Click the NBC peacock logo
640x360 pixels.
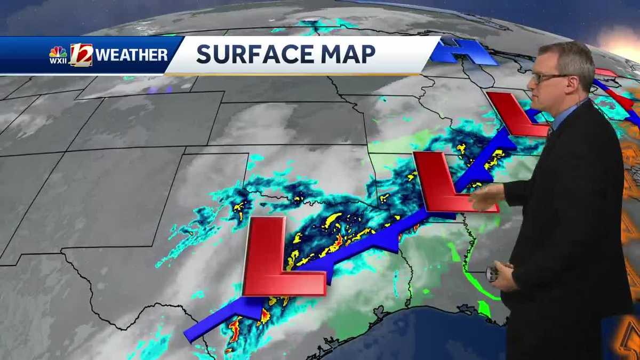(58, 52)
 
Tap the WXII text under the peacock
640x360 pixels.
(58, 60)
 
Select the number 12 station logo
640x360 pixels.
(81, 54)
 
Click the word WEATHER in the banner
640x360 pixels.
(132, 54)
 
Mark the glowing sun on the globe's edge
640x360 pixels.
(621, 40)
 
